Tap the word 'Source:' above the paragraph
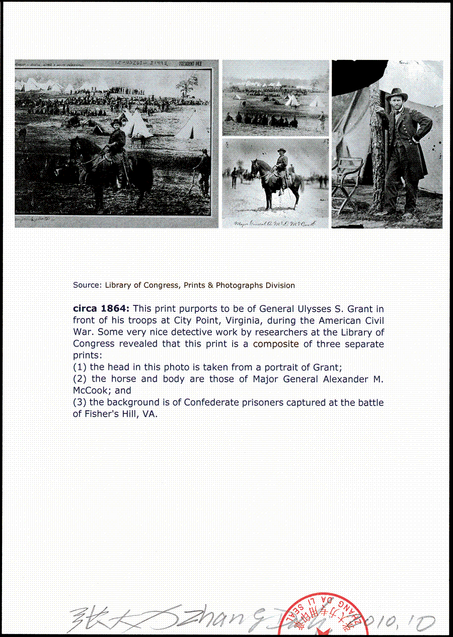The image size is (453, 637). [x=87, y=285]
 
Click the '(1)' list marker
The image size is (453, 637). [x=80, y=367]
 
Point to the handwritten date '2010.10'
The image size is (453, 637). [x=408, y=623]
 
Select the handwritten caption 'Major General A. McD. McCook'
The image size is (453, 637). [x=275, y=223]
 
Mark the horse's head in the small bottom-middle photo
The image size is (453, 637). [x=254, y=166]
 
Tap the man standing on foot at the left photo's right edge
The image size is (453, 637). [x=204, y=171]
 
